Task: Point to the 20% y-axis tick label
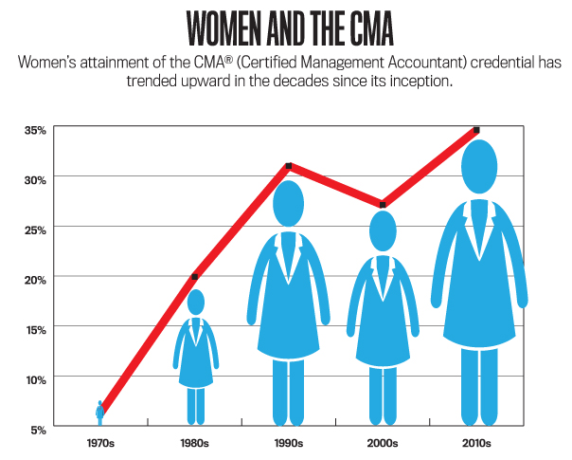(34, 279)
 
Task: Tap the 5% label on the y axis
(37, 429)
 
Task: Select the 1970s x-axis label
(99, 443)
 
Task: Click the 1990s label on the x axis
(288, 443)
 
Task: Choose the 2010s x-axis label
(477, 443)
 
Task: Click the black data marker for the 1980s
(195, 277)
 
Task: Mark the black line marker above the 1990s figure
(289, 166)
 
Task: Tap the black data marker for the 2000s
(383, 204)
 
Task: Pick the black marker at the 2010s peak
(476, 130)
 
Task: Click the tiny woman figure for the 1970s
(99, 412)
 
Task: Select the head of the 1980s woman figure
(195, 303)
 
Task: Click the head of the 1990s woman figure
(289, 202)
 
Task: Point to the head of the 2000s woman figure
(383, 230)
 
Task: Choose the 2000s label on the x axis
(383, 443)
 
